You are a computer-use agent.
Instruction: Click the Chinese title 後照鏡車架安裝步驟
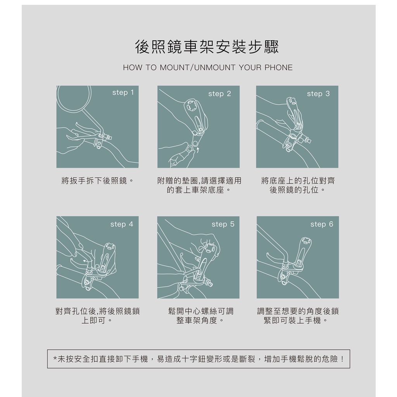click(207, 47)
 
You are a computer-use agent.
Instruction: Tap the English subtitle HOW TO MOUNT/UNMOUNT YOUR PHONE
click(208, 67)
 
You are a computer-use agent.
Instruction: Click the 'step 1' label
click(123, 93)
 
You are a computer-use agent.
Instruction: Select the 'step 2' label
click(219, 94)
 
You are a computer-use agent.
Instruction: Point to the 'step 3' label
click(318, 94)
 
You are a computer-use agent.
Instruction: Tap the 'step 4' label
click(121, 224)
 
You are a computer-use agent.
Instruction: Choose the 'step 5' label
click(223, 224)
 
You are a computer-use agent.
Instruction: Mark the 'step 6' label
click(322, 224)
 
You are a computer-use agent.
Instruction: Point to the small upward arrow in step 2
click(198, 150)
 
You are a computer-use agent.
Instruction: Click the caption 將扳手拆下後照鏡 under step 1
click(97, 181)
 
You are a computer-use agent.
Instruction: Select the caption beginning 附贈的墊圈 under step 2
click(199, 185)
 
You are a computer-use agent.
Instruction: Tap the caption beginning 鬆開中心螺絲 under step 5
click(200, 316)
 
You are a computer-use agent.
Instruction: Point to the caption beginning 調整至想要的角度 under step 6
click(298, 316)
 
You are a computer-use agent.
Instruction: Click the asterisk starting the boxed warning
click(55, 359)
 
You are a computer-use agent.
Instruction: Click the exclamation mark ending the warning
click(342, 359)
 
